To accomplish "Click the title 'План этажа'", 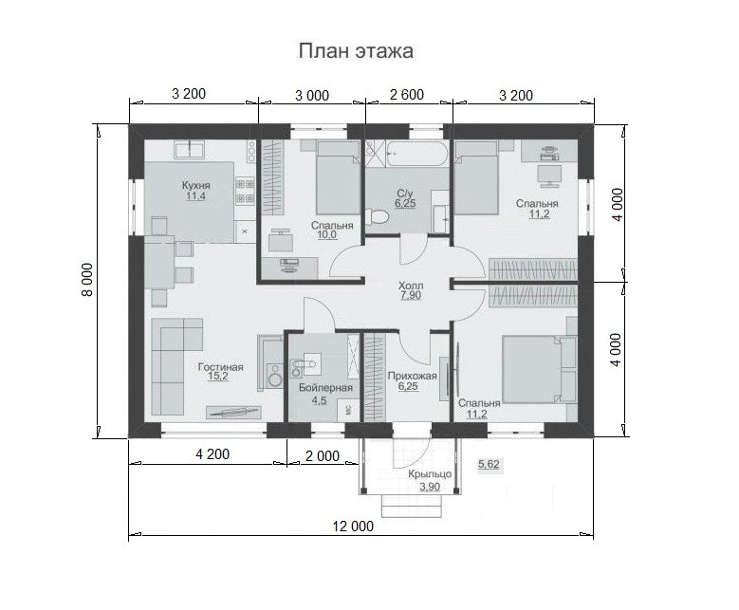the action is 356,51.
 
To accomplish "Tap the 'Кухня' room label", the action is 196,185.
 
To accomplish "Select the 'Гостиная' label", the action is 221,367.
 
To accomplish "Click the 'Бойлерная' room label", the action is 325,388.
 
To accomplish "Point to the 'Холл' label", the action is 411,286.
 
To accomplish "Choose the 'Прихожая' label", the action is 412,377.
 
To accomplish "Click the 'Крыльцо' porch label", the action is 431,474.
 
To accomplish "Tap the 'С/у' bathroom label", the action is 405,194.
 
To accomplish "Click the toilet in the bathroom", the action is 377,217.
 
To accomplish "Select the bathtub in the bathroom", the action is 416,153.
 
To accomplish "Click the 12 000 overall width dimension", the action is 353,527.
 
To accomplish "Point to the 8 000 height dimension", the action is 87,279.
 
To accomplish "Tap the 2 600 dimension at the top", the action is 407,94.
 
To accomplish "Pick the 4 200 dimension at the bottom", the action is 212,454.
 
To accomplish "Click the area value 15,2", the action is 218,377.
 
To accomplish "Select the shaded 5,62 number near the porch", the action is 489,464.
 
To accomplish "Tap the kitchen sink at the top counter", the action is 190,150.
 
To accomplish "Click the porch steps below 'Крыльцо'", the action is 412,507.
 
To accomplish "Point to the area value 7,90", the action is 411,296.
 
